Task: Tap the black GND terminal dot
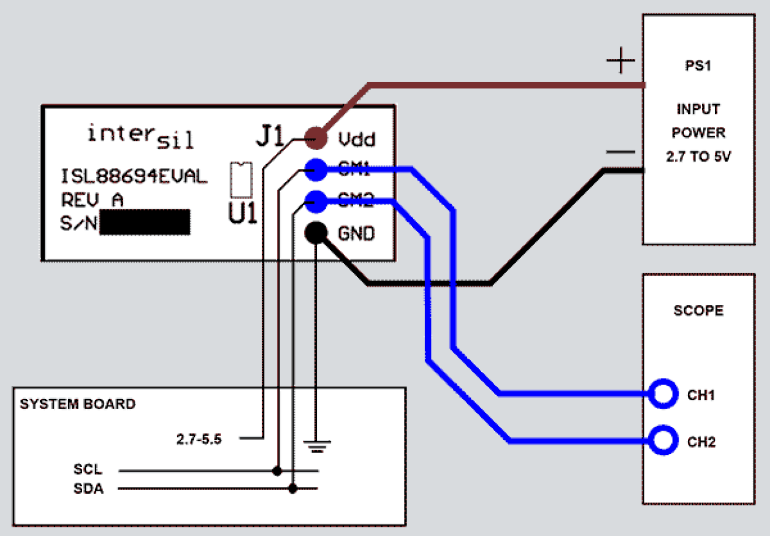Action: coord(316,233)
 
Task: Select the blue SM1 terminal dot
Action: coord(316,170)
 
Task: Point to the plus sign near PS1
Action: coord(620,61)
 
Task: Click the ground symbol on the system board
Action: coord(316,445)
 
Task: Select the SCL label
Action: coord(88,470)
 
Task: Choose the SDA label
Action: coord(88,489)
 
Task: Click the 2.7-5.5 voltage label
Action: coord(199,439)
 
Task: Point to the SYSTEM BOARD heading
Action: coord(77,404)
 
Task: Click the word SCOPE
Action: coord(698,311)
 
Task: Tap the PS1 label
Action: coord(698,66)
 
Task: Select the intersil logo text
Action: coord(140,136)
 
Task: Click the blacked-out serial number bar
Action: coord(145,222)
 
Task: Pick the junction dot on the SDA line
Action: coord(293,488)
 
